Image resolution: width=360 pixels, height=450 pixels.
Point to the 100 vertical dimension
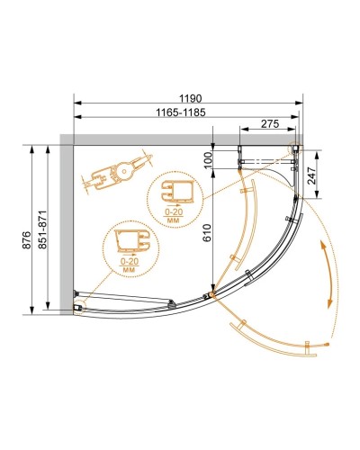(206, 158)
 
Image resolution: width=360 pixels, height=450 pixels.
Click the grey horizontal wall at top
(180, 139)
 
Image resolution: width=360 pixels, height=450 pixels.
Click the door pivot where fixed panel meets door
(211, 295)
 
